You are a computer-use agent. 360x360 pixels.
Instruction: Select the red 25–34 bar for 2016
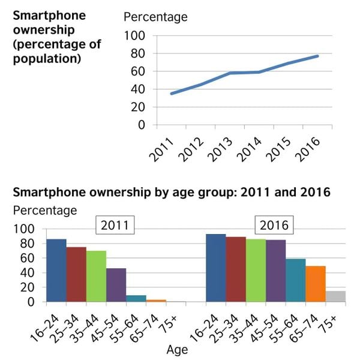coord(236,269)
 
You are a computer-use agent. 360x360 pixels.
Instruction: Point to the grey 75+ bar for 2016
coord(335,296)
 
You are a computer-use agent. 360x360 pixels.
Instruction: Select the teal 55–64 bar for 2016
coord(295,280)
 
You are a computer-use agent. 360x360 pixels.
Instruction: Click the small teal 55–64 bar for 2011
coord(136,298)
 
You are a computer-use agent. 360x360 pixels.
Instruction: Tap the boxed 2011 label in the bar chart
coord(115,226)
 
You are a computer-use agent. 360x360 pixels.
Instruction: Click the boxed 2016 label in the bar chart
coord(274,226)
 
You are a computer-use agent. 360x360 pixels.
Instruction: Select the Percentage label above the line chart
coord(155,17)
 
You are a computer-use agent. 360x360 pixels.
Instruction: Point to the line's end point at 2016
coord(318,56)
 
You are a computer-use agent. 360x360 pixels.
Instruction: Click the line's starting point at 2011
coord(172,94)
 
